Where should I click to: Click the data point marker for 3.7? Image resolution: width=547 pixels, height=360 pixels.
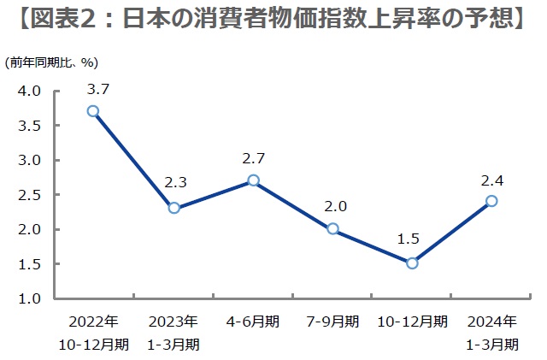pos(93,111)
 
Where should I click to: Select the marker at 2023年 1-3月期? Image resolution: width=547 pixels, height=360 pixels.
pos(174,208)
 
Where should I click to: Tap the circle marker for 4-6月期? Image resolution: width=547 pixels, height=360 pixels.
pos(253,180)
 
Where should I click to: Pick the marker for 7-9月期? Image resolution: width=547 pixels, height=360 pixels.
pos(332,229)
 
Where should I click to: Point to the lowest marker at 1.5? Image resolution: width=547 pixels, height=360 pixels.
pos(412,263)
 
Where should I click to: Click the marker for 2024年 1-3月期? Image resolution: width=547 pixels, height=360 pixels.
pos(491,201)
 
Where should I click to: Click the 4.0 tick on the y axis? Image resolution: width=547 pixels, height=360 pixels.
pos(30,91)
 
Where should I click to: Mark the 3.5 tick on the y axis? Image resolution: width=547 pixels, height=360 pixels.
pos(30,126)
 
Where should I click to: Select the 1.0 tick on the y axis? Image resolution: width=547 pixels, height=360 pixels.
pos(30,298)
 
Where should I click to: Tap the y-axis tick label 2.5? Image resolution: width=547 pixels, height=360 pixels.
pos(30,195)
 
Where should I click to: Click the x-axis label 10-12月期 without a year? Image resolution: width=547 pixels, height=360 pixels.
pos(412,322)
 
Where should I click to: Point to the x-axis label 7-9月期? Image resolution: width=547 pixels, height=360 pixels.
pos(332,322)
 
